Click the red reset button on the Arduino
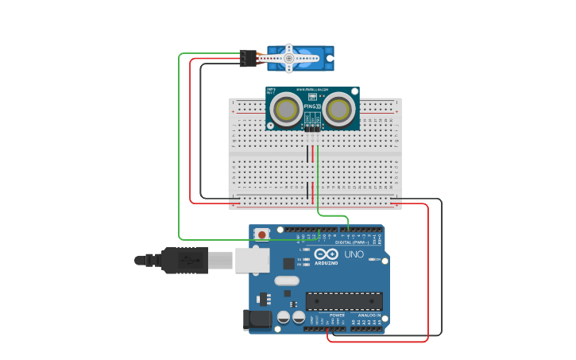pyautogui.click(x=261, y=235)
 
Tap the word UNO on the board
pyautogui.click(x=354, y=254)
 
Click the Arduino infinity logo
pyautogui.click(x=326, y=254)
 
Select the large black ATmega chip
pyautogui.click(x=344, y=301)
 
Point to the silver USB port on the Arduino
pyautogui.click(x=252, y=260)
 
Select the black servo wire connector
pyautogui.click(x=248, y=58)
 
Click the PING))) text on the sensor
pyautogui.click(x=312, y=106)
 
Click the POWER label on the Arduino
pyautogui.click(x=337, y=315)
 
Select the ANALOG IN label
pyautogui.click(x=368, y=315)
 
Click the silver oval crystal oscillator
pyautogui.click(x=287, y=281)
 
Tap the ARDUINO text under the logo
pyautogui.click(x=326, y=262)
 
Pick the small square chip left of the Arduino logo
pyautogui.click(x=301, y=259)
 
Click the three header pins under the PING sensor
pyautogui.click(x=312, y=126)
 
